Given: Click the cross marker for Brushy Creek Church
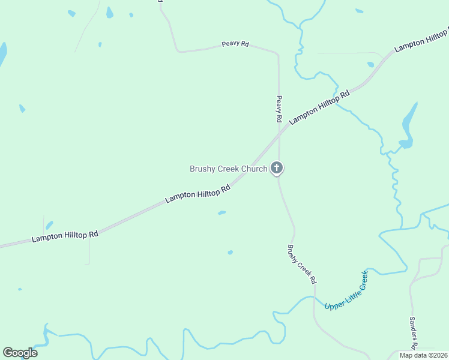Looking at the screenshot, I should (x=277, y=168).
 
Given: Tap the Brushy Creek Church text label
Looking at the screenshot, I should (x=228, y=169).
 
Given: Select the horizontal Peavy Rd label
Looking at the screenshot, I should (x=235, y=44).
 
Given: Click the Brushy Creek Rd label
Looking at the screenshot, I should (x=301, y=264).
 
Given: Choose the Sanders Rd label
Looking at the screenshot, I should (x=414, y=334).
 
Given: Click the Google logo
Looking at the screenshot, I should (x=20, y=353).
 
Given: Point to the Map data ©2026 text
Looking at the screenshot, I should (x=423, y=355).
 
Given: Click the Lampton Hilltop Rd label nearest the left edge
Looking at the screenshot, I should (x=65, y=236).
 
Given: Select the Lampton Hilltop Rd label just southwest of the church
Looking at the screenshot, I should (x=198, y=194).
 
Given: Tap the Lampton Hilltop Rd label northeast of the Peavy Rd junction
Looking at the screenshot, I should (x=319, y=107).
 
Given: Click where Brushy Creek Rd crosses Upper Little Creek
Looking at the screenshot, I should (x=314, y=298).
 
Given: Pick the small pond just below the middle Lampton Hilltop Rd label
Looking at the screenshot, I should (x=221, y=212).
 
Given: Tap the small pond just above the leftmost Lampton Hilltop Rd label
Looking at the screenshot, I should (x=49, y=225).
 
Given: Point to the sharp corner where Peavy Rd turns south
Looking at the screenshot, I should (x=277, y=54).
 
